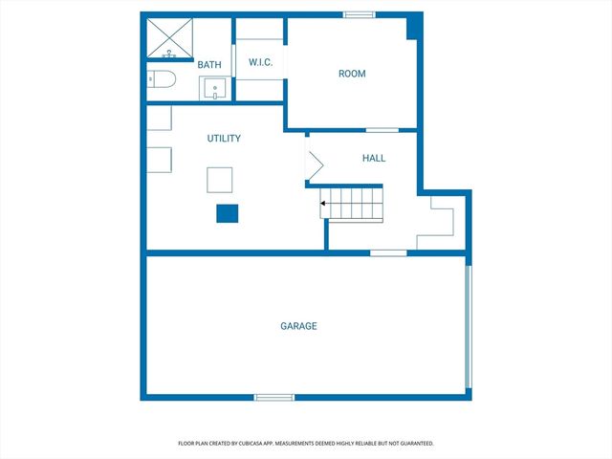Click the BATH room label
click(x=209, y=65)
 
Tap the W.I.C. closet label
click(x=261, y=63)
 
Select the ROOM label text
click(x=352, y=74)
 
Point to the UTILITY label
click(x=224, y=139)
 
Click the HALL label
click(x=373, y=159)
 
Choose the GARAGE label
click(x=298, y=326)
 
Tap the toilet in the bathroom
click(x=161, y=81)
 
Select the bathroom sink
click(x=215, y=89)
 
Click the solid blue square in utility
click(x=227, y=213)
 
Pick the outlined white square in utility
click(x=220, y=180)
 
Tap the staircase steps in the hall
click(x=353, y=203)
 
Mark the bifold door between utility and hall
click(x=314, y=165)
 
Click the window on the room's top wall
click(x=359, y=14)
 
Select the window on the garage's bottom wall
click(x=273, y=397)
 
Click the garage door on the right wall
click(x=468, y=326)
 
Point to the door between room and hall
click(x=382, y=129)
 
